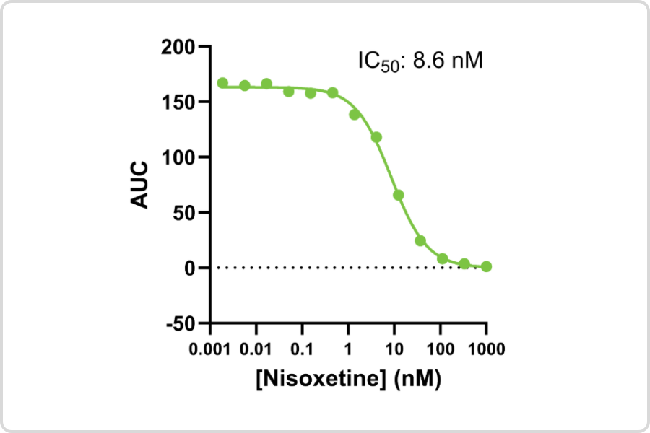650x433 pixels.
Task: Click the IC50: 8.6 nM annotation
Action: (420, 61)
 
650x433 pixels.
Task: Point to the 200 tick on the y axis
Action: (179, 47)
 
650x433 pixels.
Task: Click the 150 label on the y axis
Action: (179, 102)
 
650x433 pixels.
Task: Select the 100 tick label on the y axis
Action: (179, 157)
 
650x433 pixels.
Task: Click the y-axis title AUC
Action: (140, 185)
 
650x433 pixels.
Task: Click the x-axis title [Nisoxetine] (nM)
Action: (347, 379)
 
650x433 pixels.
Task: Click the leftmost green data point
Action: (222, 83)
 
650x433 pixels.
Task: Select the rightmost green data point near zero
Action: (486, 267)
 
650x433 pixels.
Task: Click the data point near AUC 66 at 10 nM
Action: (398, 195)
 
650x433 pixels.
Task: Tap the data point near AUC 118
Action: (376, 137)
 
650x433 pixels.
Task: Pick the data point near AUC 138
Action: (355, 115)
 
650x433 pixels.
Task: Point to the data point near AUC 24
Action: (420, 240)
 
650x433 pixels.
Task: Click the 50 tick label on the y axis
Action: (184, 212)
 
